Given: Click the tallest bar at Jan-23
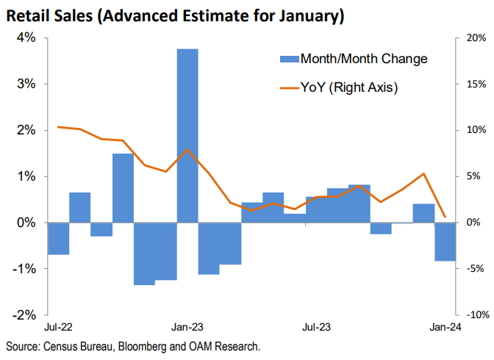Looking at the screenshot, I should coord(187,135).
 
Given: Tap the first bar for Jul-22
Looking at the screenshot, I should coord(58,238).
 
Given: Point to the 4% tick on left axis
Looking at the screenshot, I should coord(27,37).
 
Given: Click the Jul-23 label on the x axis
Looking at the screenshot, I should coord(315,326).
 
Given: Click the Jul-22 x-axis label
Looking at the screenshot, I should coord(58,326).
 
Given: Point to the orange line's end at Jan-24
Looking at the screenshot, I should coord(445,217).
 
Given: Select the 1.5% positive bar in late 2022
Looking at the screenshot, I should coord(123,187).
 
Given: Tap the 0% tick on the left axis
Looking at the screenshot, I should coord(27,223).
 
